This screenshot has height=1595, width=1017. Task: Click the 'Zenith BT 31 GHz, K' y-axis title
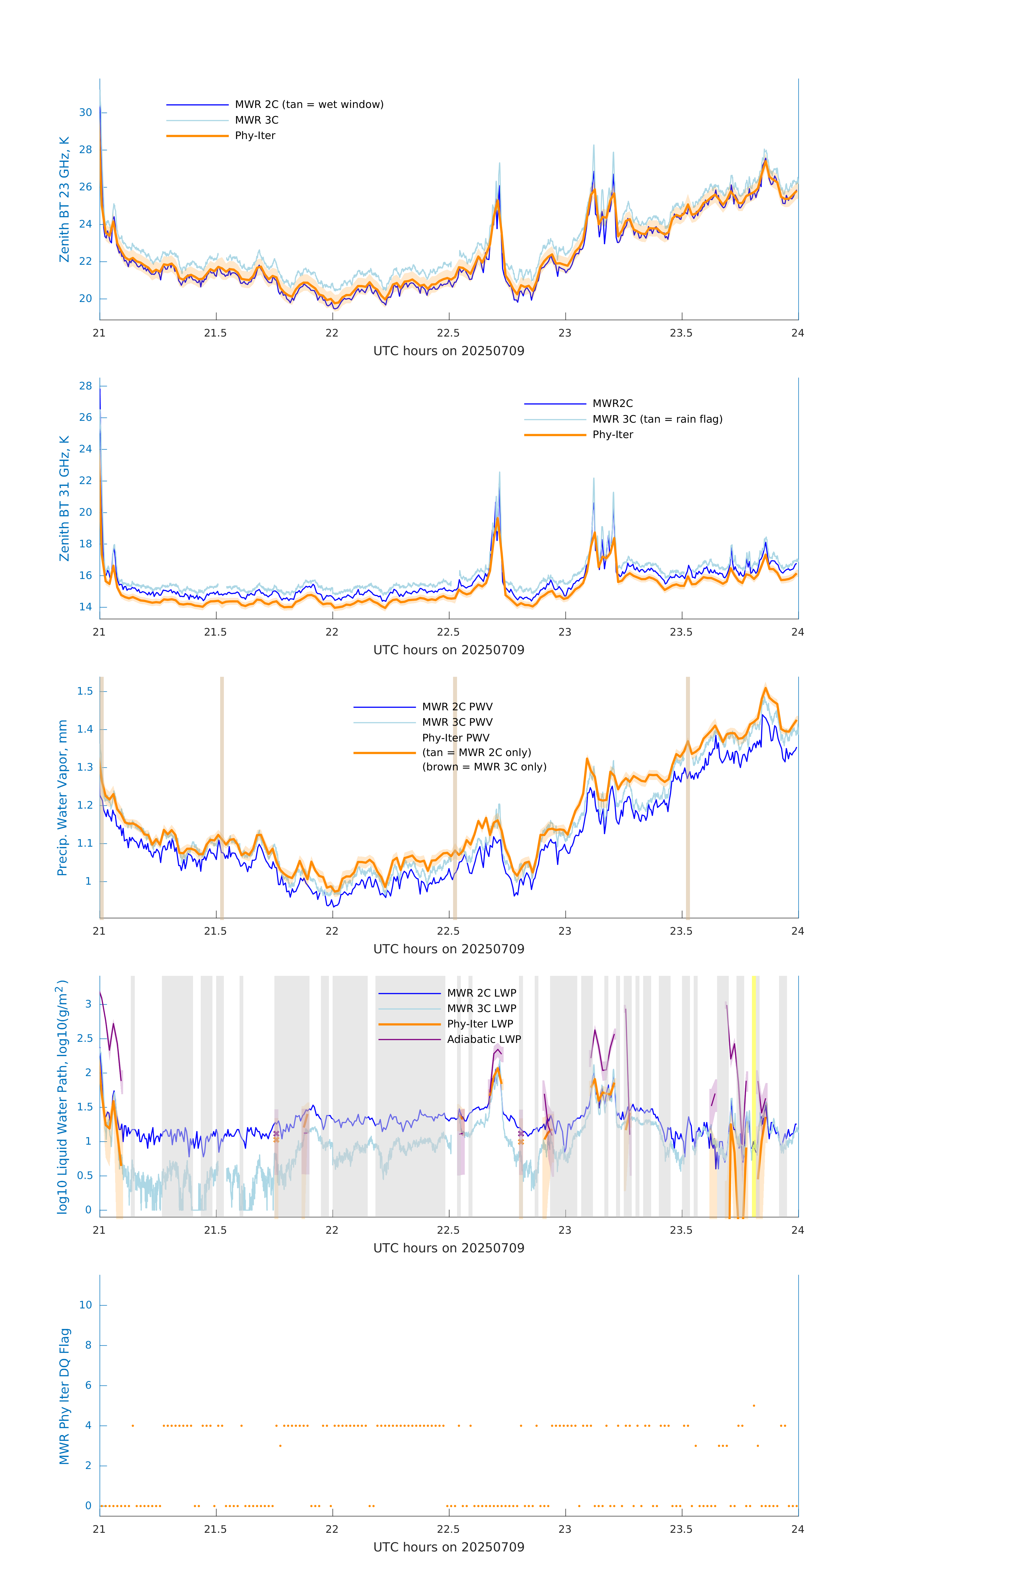pyautogui.click(x=64, y=498)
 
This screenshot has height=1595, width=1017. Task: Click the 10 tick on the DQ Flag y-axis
pyautogui.click(x=85, y=1305)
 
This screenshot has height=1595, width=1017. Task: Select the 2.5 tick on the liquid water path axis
pyautogui.click(x=85, y=1038)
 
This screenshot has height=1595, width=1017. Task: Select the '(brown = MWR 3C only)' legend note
pyautogui.click(x=484, y=767)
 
